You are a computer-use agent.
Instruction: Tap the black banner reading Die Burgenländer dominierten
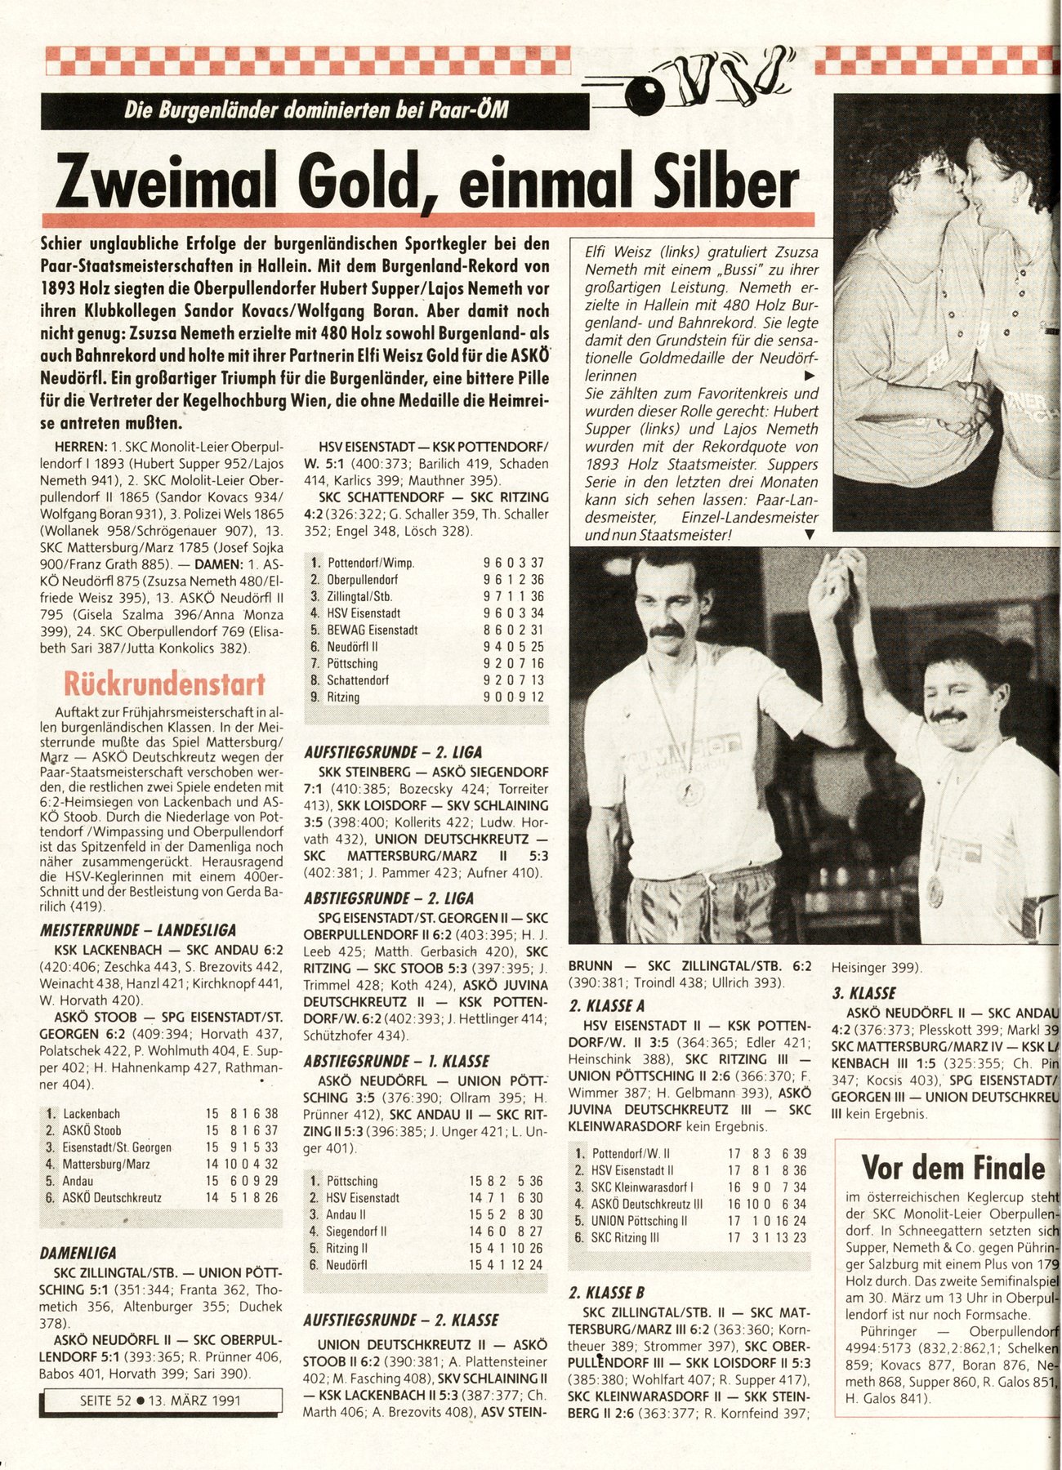click(x=315, y=109)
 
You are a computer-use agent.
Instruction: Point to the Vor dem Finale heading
click(x=953, y=1167)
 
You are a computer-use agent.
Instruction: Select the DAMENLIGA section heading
click(x=78, y=1253)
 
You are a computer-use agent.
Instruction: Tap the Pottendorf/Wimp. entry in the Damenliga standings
click(x=370, y=563)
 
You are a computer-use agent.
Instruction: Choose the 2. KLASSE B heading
click(x=607, y=1292)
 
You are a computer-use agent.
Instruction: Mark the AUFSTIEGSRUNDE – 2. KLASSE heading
click(x=400, y=1320)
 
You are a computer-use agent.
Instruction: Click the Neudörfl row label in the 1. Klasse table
click(x=346, y=1265)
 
